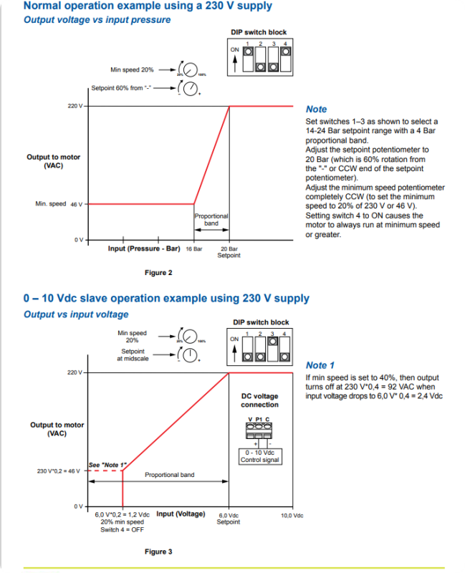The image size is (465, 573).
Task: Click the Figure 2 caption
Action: click(159, 272)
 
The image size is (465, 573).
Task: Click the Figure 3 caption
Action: click(159, 552)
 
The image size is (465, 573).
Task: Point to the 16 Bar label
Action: click(193, 249)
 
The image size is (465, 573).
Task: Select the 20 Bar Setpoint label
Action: click(229, 252)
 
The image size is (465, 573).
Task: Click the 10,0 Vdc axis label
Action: click(292, 515)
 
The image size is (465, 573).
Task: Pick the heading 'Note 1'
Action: click(320, 365)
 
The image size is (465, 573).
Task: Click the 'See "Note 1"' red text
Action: click(107, 465)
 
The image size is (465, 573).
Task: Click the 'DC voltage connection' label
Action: click(259, 400)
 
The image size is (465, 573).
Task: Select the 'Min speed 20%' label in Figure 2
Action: click(132, 70)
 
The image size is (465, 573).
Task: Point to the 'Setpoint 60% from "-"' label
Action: click(122, 88)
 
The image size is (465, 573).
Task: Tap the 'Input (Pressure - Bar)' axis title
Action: click(143, 249)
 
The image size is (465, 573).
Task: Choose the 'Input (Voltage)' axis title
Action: click(181, 514)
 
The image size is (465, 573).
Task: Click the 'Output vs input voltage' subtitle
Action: click(76, 314)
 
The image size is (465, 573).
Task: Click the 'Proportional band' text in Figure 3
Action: click(169, 475)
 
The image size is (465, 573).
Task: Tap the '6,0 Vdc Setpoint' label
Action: click(229, 519)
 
